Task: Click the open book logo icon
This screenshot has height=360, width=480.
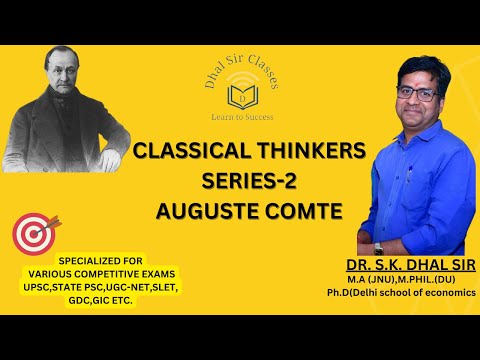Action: (x=241, y=96)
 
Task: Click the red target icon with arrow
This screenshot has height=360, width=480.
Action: (x=34, y=233)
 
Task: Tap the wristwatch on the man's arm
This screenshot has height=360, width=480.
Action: (x=379, y=247)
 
